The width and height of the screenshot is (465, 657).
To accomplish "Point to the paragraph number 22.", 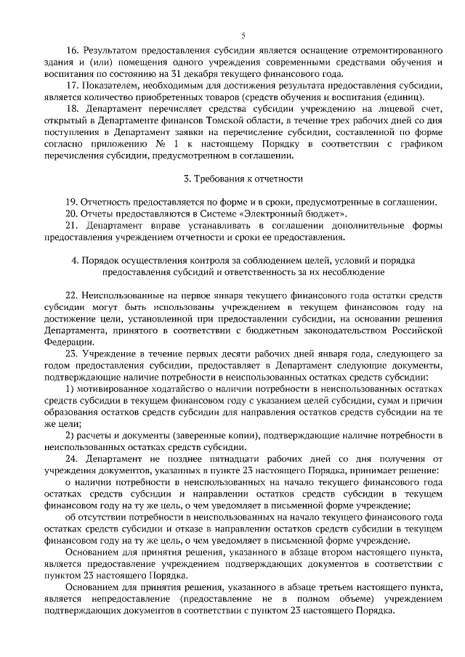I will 71,298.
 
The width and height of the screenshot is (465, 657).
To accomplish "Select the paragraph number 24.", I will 71,458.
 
